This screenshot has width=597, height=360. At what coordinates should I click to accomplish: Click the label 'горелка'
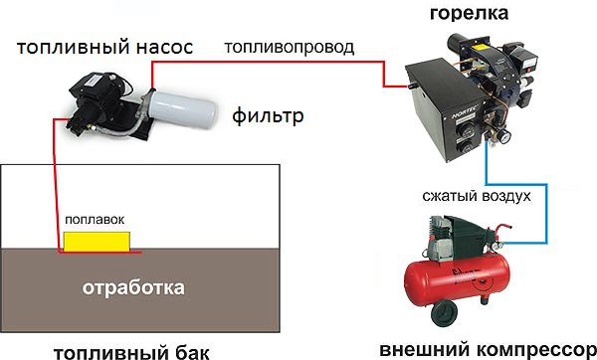point(469,13)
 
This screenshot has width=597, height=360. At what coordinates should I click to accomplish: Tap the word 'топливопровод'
point(290,47)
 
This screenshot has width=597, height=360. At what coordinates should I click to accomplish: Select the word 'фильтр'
point(268,115)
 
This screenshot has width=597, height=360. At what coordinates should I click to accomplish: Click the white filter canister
point(182,107)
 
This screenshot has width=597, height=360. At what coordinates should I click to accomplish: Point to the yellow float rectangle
point(97,242)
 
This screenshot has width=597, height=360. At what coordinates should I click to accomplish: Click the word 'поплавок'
point(95,220)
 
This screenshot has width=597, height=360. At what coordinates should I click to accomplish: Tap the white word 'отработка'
point(133,287)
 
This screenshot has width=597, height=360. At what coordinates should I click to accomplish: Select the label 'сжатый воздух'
point(477,196)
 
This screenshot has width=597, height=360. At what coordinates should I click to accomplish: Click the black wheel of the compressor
point(444,313)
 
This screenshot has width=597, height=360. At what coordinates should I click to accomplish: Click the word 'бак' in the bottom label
point(194,352)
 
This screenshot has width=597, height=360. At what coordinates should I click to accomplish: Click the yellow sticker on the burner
point(480,48)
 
